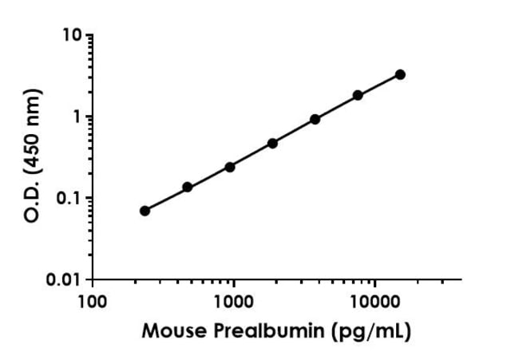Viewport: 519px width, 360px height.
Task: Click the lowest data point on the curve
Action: pos(145,211)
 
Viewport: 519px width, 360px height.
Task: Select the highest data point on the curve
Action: pos(400,75)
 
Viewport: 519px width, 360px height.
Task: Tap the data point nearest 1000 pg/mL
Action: pos(230,168)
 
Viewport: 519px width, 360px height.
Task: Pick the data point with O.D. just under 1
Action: pos(315,120)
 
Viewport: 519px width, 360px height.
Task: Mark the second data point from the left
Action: pos(188,188)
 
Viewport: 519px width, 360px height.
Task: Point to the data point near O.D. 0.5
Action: pos(272,144)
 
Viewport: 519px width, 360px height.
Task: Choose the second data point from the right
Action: pos(358,96)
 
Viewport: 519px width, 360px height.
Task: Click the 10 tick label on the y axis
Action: pos(72,35)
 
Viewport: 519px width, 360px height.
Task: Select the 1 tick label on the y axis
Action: pos(77,117)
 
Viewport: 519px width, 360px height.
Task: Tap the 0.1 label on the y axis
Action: pos(68,198)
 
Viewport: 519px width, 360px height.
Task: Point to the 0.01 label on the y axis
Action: pos(64,280)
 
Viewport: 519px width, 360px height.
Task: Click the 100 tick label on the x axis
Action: pos(93,302)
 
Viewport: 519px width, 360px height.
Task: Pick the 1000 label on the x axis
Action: pos(234,302)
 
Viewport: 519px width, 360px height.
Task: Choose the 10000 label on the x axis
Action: pos(375,302)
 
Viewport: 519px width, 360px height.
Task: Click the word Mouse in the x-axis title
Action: pos(174,330)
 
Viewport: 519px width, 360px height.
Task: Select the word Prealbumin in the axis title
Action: pos(269,330)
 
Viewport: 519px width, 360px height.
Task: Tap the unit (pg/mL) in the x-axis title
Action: pos(371,331)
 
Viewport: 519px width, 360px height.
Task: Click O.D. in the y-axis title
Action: pos(33,201)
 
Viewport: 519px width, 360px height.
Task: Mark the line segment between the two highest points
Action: pos(379,85)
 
